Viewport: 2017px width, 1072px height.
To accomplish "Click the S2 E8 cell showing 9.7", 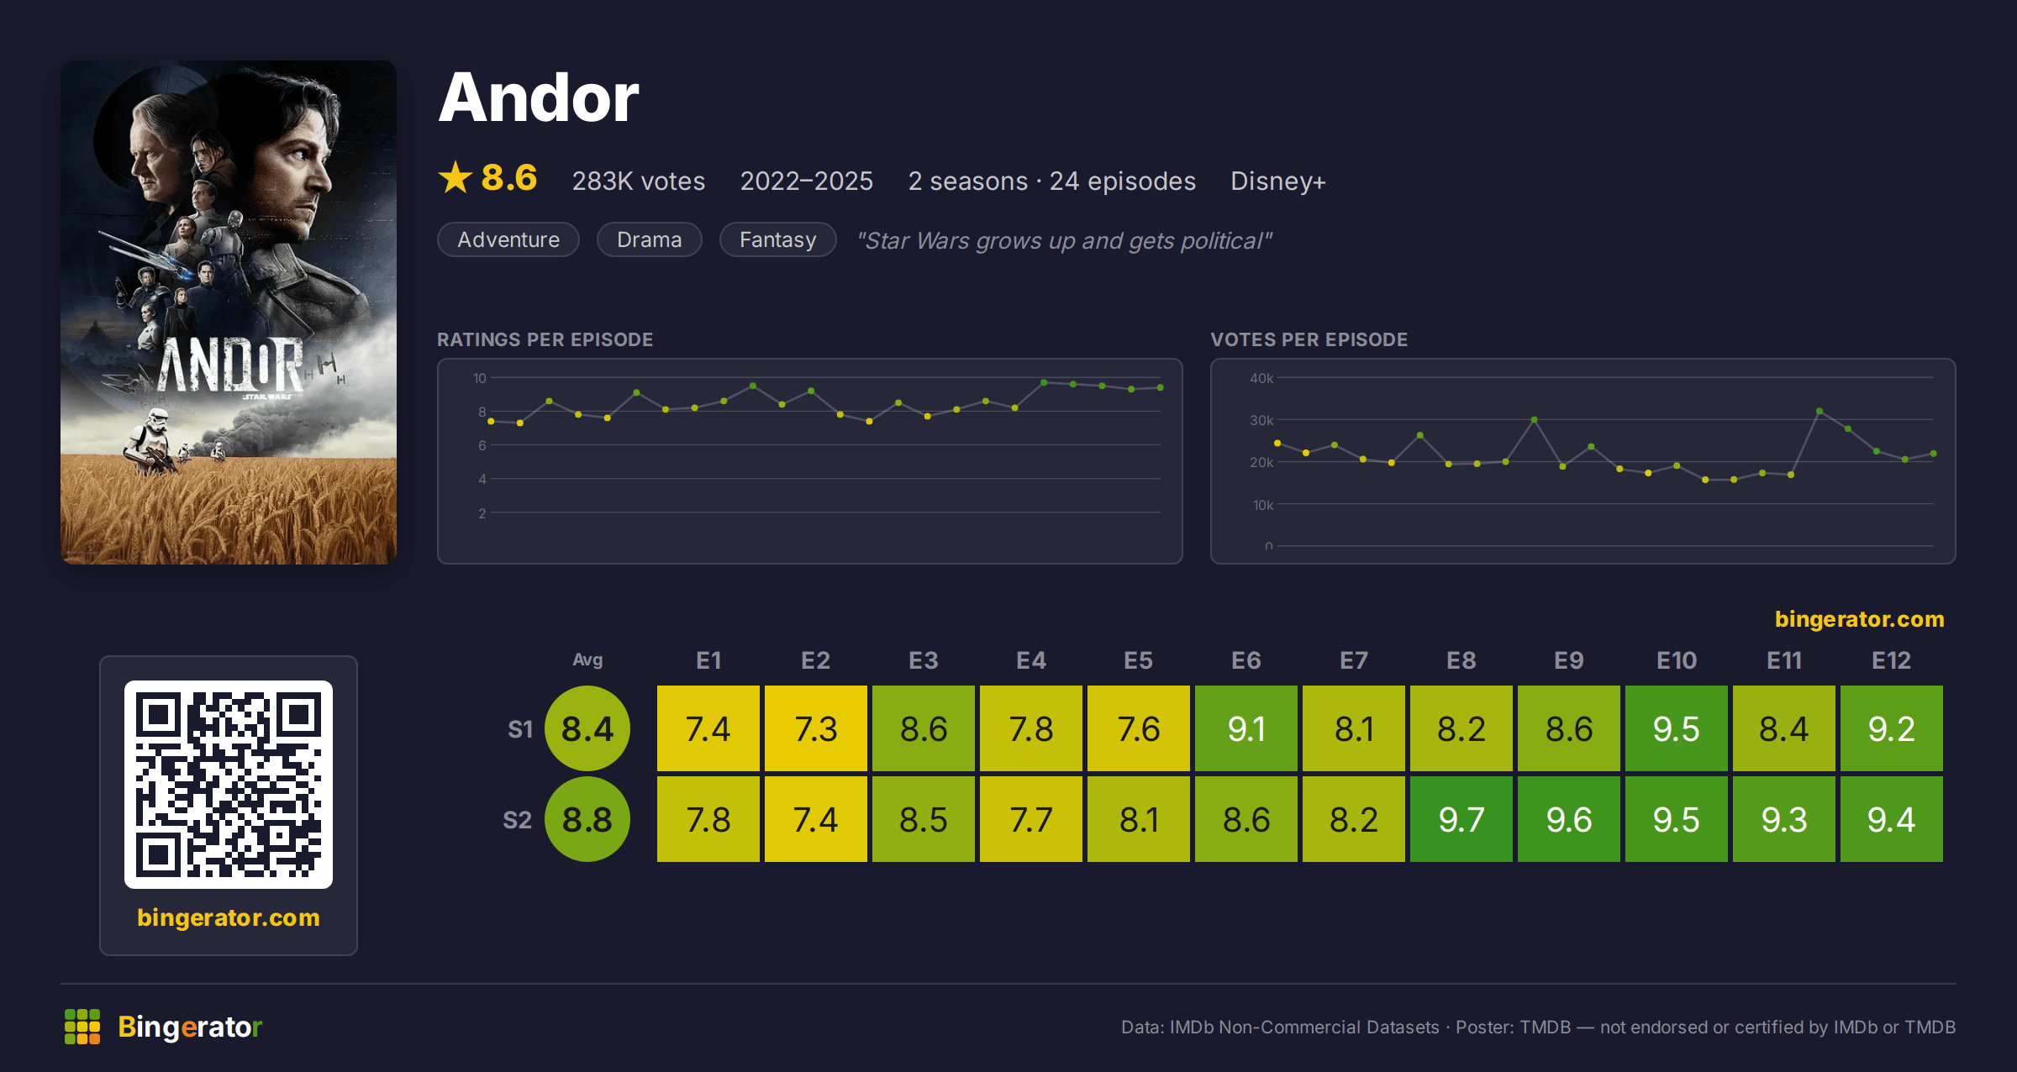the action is pos(1461,819).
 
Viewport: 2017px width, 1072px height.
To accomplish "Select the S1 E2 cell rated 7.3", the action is pos(816,728).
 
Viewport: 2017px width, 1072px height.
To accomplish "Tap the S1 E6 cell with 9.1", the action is pos(1246,728).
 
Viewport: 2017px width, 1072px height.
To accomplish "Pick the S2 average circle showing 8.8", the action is pos(587,819).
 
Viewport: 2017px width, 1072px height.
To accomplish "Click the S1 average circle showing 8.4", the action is pos(587,728).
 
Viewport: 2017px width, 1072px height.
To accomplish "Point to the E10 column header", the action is pos(1677,660).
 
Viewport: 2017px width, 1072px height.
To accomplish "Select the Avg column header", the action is pos(587,659).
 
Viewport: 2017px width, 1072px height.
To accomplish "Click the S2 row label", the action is pos(517,820).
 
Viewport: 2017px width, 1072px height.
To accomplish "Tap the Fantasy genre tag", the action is pos(778,239).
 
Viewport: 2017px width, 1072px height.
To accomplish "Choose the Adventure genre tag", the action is pos(508,239).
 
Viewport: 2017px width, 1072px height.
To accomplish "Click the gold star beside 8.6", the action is pos(456,177).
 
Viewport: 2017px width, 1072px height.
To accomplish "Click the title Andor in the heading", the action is pos(539,97).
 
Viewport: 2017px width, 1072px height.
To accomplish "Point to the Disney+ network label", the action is pos(1277,181).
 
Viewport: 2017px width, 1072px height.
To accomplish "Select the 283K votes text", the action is pos(639,181).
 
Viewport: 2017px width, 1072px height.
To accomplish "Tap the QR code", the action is pos(229,785).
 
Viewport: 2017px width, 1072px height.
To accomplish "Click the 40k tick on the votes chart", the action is pos(1261,378).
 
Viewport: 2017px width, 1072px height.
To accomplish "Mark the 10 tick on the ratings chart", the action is pos(480,378).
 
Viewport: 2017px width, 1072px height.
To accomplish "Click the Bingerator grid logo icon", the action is pos(82,1027).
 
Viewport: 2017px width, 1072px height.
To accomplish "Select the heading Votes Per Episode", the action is pos(1309,339).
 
